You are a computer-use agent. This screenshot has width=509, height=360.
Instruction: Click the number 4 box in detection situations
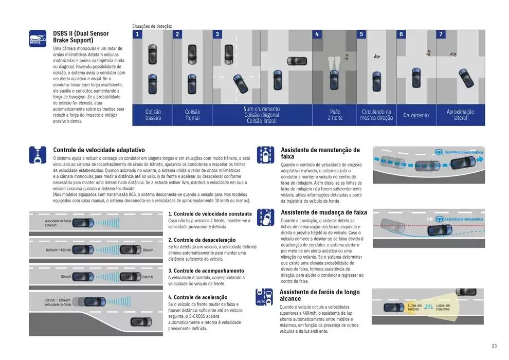pyautogui.click(x=317, y=34)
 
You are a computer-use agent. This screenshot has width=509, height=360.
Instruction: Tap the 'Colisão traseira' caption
pyautogui.click(x=153, y=115)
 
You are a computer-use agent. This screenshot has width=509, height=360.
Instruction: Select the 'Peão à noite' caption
pyautogui.click(x=335, y=115)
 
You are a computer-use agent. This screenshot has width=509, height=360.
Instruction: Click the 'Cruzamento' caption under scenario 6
pyautogui.click(x=416, y=115)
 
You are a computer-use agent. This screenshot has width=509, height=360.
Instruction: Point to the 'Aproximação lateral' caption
pyautogui.click(x=461, y=115)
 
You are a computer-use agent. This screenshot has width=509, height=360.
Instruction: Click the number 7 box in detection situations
pyautogui.click(x=441, y=34)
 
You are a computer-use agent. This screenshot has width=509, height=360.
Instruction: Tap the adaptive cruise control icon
pyautogui.click(x=38, y=155)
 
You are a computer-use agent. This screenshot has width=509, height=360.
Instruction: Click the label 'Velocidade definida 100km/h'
pyautogui.click(x=57, y=223)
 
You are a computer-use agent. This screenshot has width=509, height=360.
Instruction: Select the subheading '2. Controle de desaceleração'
pyautogui.click(x=202, y=240)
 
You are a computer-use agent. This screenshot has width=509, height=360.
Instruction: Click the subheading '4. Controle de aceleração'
pyautogui.click(x=197, y=297)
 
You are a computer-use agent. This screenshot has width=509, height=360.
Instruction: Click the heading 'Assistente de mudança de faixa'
pyautogui.click(x=323, y=212)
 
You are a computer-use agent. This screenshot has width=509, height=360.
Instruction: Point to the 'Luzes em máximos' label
pyautogui.click(x=443, y=307)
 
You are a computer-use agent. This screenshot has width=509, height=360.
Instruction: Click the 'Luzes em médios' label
pyautogui.click(x=414, y=307)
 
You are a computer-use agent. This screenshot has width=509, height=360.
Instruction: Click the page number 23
pyautogui.click(x=494, y=346)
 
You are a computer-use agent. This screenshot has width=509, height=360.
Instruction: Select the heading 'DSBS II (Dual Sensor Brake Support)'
pyautogui.click(x=81, y=37)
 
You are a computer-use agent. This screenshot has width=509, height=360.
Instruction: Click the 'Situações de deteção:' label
pyautogui.click(x=152, y=26)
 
